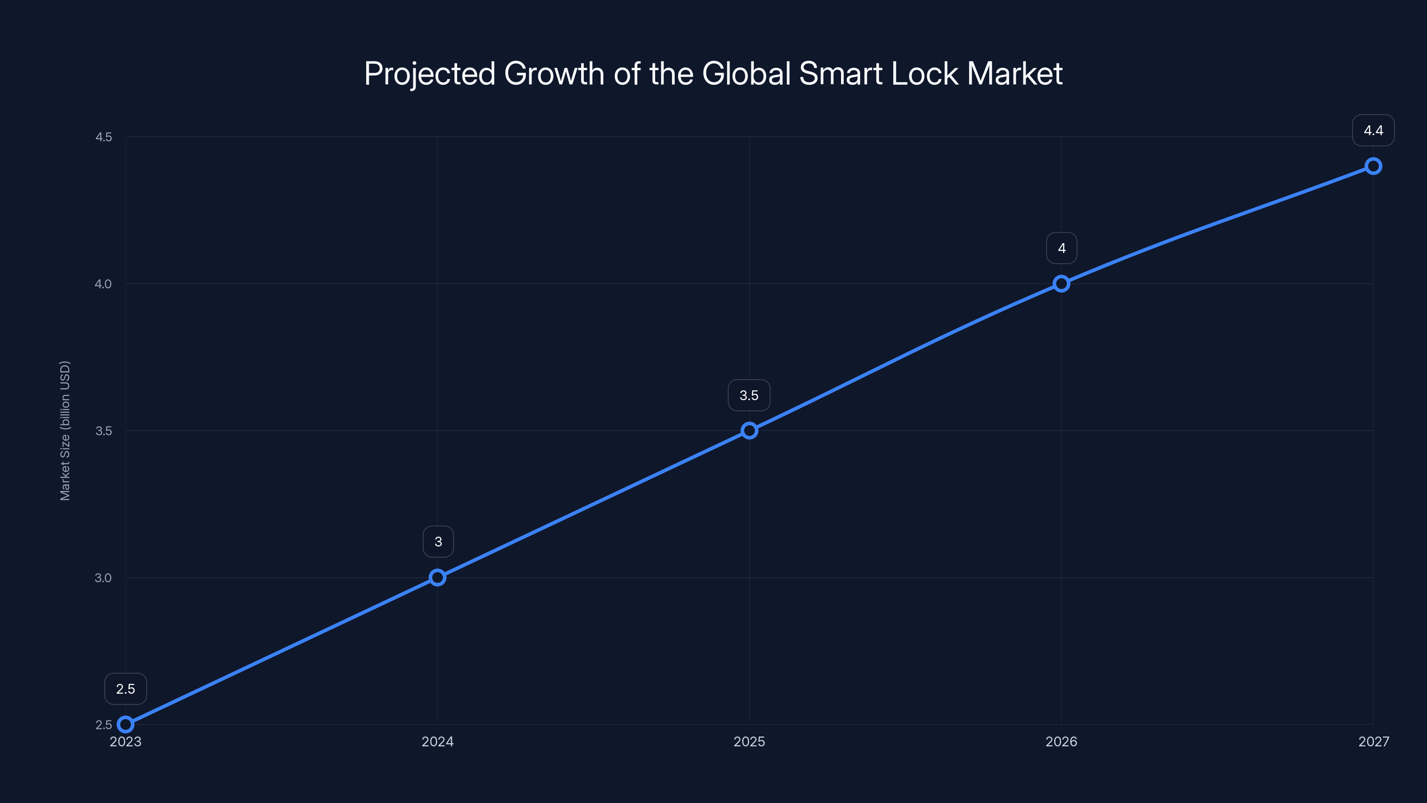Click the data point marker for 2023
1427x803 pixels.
126,724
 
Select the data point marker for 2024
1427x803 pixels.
437,577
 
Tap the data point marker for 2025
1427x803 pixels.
750,430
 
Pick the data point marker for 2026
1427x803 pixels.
1061,284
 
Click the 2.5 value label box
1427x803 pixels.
126,689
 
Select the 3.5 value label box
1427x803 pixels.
749,395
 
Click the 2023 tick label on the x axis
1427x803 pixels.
126,741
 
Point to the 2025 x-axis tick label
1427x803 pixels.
750,741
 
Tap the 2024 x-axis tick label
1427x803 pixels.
437,741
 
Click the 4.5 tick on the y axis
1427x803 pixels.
103,137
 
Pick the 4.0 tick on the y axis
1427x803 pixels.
103,284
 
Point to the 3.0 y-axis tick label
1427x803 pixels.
103,577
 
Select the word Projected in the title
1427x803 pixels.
429,74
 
